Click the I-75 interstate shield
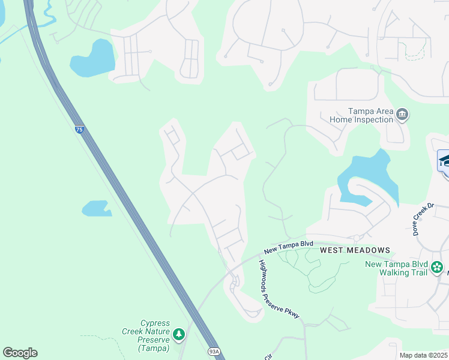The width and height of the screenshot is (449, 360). [x=79, y=129]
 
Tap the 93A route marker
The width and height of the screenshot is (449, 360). [x=213, y=352]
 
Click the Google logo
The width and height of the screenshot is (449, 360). [x=20, y=353]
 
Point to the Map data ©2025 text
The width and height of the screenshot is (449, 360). [x=423, y=355]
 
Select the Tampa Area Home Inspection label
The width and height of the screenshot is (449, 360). [x=361, y=115]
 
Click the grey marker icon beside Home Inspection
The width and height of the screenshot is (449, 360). [x=403, y=114]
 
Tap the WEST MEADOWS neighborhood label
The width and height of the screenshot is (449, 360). [x=355, y=250]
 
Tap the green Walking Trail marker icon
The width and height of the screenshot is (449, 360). [x=438, y=266]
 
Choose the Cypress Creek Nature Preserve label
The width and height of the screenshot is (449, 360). [x=155, y=335]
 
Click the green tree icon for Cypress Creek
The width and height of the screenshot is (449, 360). [x=178, y=334]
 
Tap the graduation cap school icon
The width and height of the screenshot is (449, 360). [x=444, y=161]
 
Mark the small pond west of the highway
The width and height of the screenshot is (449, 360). [x=96, y=208]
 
